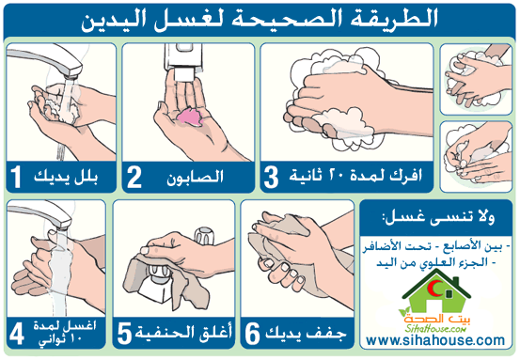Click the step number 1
pos(16,177)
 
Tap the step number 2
pos(134,177)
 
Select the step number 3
pos(271,177)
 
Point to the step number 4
pos(17,334)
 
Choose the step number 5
pos(124,334)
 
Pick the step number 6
pos(252,334)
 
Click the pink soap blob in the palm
pos(190,117)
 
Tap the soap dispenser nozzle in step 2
pos(182,74)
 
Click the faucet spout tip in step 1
pos(72,73)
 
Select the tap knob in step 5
pos(204,235)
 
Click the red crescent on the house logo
pos(434,288)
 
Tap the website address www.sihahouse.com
pos(435,340)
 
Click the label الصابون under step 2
pos(195,177)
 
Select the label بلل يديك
pos(66,177)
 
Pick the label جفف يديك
pos(306,334)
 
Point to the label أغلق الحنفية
pos(183,333)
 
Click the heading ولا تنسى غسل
pos(438,218)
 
